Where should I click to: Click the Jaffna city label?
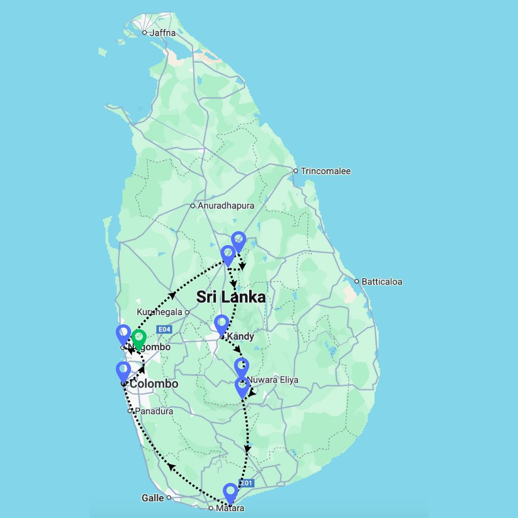pyautogui.click(x=162, y=33)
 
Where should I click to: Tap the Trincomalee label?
pyautogui.click(x=325, y=171)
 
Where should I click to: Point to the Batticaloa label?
pyautogui.click(x=382, y=282)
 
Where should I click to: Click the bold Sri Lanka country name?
pyautogui.click(x=231, y=297)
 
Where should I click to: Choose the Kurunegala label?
pyautogui.click(x=160, y=312)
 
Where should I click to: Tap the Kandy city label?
pyautogui.click(x=240, y=337)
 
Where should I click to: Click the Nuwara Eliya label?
pyautogui.click(x=272, y=380)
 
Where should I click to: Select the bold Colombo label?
pyautogui.click(x=154, y=384)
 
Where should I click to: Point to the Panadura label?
pyautogui.click(x=154, y=411)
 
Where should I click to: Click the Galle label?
pyautogui.click(x=153, y=498)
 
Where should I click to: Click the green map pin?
pyautogui.click(x=138, y=339)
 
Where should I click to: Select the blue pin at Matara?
pyautogui.click(x=230, y=492)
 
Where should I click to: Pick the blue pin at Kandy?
pyautogui.click(x=222, y=324)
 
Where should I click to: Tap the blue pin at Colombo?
pyautogui.click(x=123, y=371)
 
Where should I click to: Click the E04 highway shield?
pyautogui.click(x=164, y=329)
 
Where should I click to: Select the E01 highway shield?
pyautogui.click(x=247, y=483)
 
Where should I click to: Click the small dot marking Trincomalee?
pyautogui.click(x=295, y=171)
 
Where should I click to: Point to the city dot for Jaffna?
pyautogui.click(x=145, y=33)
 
